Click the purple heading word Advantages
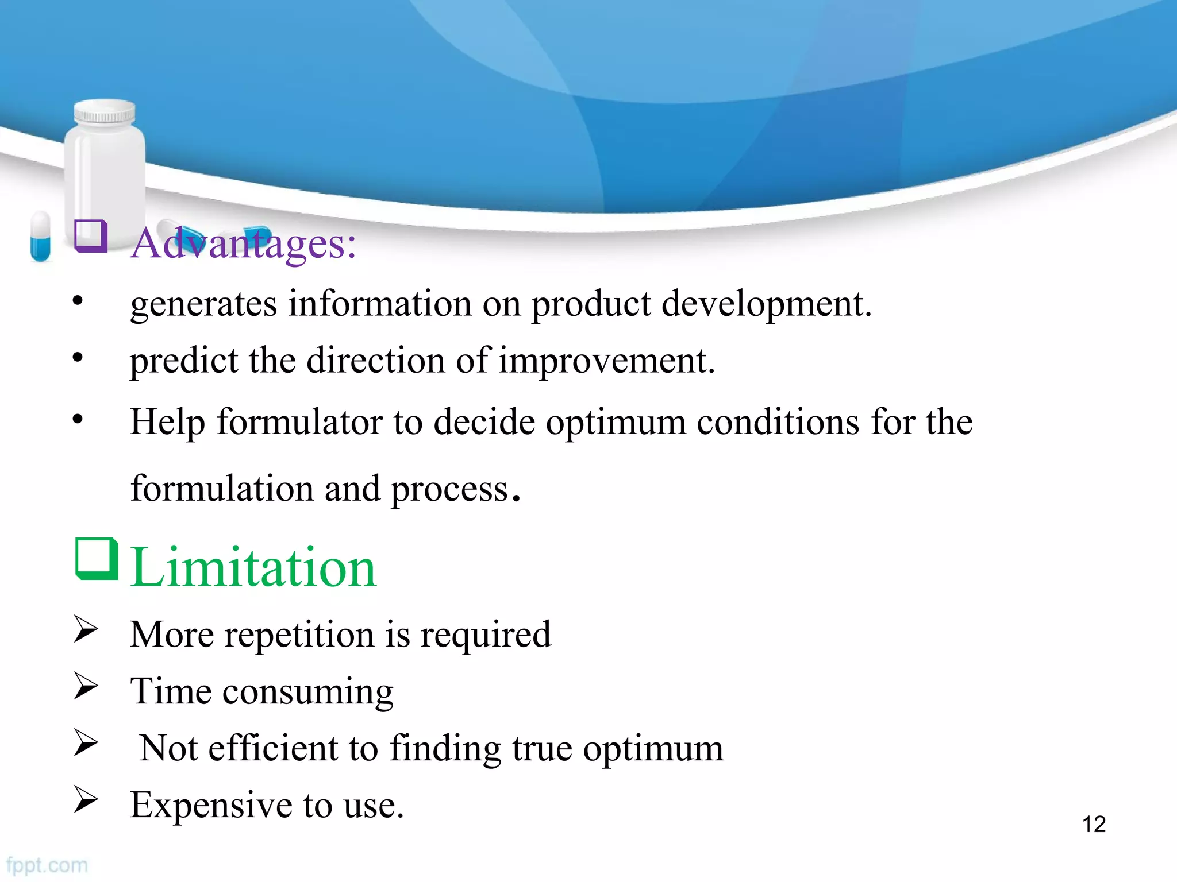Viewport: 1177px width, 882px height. click(243, 244)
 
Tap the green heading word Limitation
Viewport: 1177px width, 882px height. click(253, 568)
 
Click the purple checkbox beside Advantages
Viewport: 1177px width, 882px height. click(91, 236)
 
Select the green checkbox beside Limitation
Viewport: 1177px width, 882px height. click(96, 559)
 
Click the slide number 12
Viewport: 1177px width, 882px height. click(1094, 825)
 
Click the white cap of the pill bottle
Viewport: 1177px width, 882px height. click(105, 112)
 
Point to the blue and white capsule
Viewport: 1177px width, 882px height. click(40, 236)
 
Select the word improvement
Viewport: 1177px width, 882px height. click(606, 361)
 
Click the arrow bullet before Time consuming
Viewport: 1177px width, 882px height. click(86, 686)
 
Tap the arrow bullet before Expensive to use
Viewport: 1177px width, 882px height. click(86, 799)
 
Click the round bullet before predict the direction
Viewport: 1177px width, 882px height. click(78, 358)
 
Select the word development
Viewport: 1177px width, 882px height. click(766, 304)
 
